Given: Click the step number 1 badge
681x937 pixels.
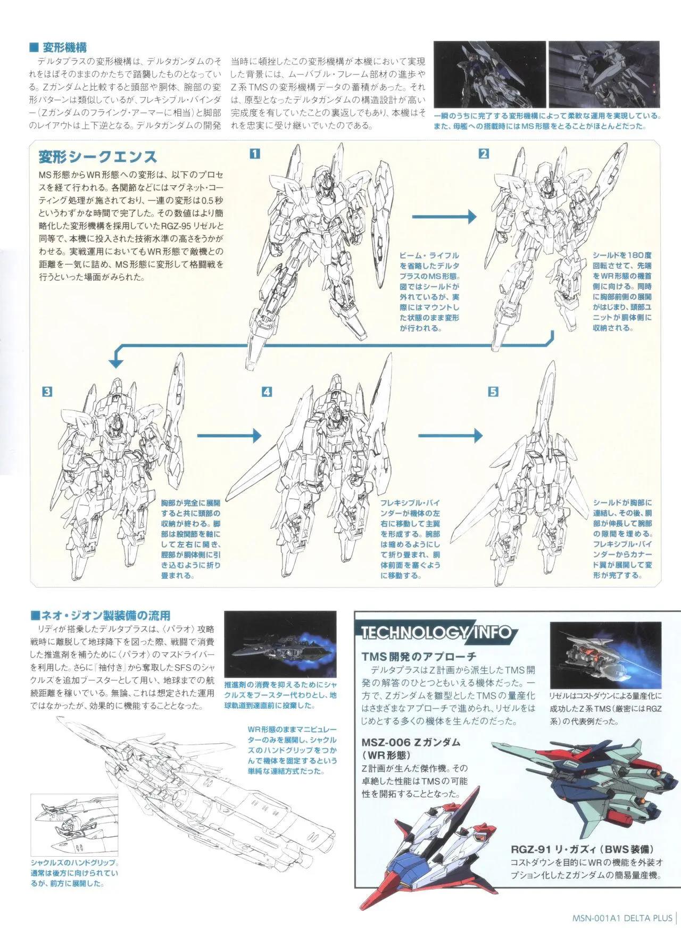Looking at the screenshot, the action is [255, 154].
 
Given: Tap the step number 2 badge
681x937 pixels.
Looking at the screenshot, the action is [484, 154].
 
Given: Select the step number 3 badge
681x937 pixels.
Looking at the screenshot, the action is [48, 392].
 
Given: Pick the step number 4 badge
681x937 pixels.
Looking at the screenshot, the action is [267, 392].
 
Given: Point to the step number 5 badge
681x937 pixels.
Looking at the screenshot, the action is [493, 392].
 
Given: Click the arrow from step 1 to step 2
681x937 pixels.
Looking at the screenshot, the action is [444, 215].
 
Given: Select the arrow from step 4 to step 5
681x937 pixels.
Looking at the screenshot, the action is [451, 436].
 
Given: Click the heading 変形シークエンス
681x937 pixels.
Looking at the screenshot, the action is [98, 156].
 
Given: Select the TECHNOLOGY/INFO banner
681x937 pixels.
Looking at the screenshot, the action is [436, 632].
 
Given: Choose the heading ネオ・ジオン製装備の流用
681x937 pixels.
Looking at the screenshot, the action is [101, 616].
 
